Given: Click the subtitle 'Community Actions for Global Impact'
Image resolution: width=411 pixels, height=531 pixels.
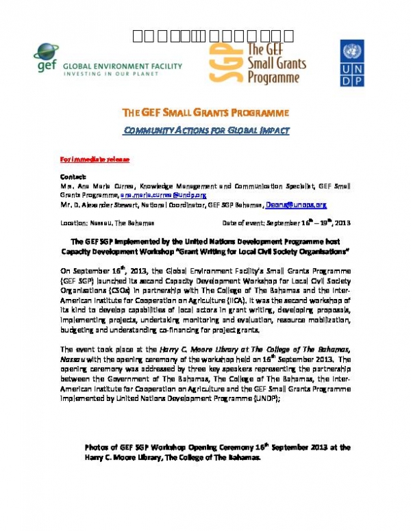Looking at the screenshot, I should [205, 130].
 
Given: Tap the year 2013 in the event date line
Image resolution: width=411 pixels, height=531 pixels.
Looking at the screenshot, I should [341, 223].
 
